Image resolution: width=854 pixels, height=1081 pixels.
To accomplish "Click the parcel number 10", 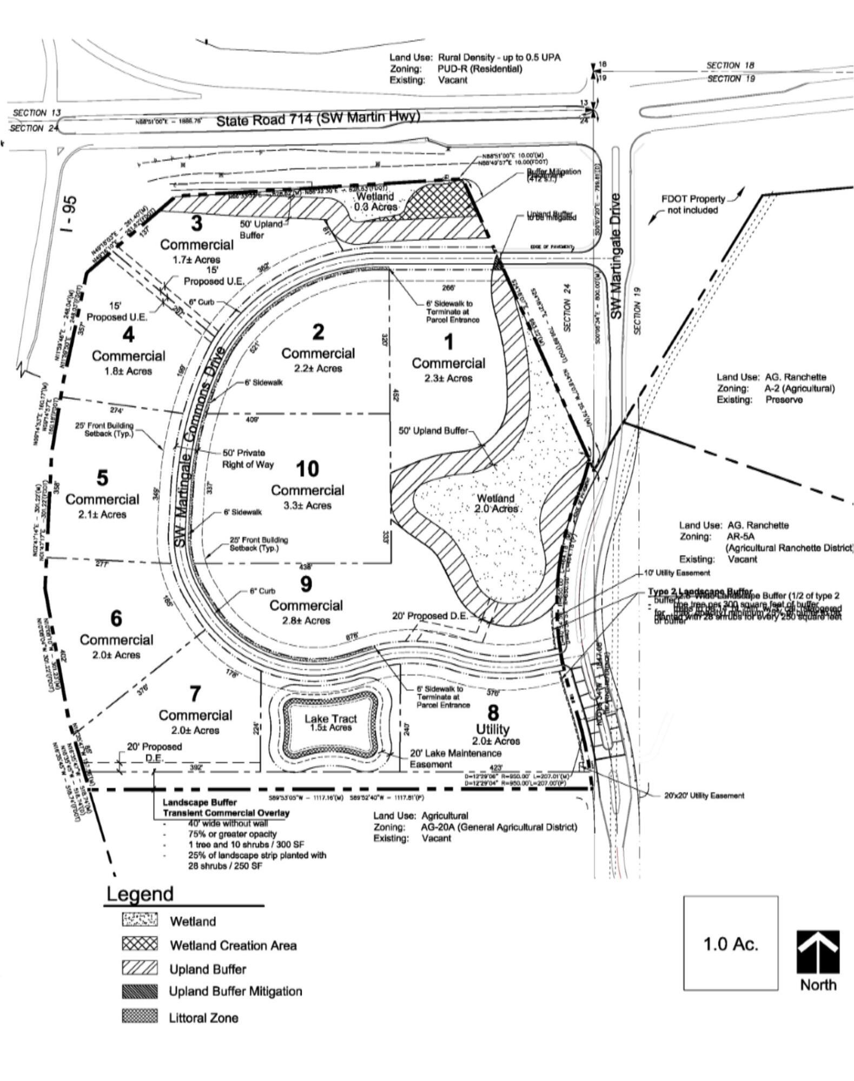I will click(x=307, y=469).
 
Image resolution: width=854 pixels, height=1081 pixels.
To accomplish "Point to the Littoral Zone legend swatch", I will click(x=140, y=1017).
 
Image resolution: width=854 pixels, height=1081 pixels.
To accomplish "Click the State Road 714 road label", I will click(x=317, y=118).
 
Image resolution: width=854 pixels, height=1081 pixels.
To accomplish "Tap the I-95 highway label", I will click(x=69, y=214).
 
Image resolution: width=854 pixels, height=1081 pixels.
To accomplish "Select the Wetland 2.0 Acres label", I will click(x=495, y=503).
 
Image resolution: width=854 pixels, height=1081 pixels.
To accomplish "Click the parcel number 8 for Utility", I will click(x=493, y=712).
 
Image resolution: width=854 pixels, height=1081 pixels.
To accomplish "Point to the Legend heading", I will click(x=140, y=894).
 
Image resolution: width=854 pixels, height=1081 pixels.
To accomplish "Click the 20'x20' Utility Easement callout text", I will click(x=704, y=795).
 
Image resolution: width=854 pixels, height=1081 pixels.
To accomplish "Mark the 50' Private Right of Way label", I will click(x=248, y=458).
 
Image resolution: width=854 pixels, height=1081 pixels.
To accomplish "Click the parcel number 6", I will click(x=116, y=618).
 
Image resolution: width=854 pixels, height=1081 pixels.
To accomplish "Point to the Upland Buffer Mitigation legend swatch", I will click(x=140, y=991).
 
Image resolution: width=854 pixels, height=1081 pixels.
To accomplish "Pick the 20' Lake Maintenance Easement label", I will click(x=455, y=758).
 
